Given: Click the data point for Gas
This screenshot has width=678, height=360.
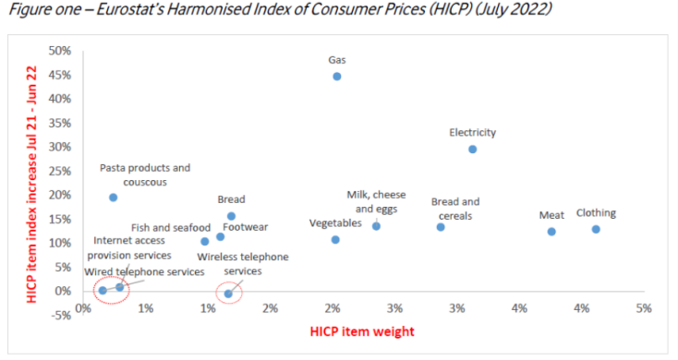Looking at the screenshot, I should point(336,77).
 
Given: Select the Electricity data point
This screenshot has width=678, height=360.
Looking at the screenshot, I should point(472,149).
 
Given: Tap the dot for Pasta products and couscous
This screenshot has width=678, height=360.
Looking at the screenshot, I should point(113,198).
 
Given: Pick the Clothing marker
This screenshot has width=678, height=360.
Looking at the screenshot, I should point(596,229).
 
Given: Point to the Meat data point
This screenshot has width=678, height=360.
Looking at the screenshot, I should point(551,232).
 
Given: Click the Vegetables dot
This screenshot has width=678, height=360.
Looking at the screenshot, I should point(335,240).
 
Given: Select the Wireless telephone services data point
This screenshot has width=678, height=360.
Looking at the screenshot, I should point(228,294).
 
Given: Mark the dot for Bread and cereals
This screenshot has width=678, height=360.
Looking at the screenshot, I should point(441,227).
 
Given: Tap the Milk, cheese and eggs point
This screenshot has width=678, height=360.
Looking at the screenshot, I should point(376,226).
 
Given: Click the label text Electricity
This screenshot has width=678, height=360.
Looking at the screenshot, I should point(472,132).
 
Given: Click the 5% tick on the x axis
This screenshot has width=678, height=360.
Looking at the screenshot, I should point(643,307).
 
